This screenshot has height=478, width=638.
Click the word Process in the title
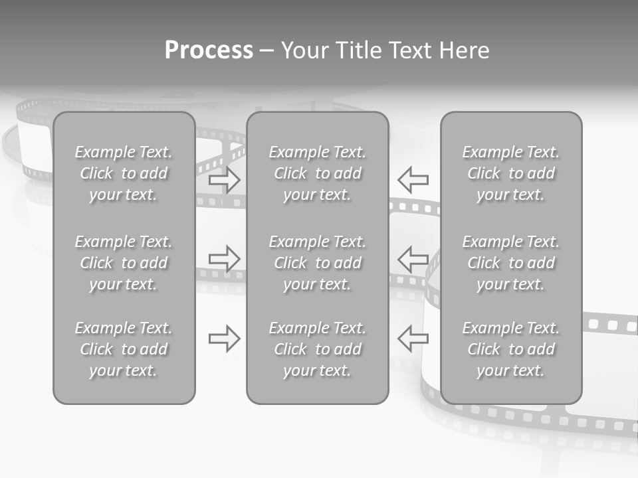(209, 50)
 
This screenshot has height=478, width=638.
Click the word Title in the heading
(356, 50)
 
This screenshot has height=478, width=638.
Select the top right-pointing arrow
(225, 180)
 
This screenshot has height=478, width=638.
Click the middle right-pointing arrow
(225, 258)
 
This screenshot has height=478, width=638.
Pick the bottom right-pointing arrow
(225, 339)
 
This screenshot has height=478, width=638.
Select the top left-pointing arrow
(413, 180)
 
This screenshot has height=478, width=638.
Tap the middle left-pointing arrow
(413, 258)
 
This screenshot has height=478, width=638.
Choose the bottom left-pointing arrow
(413, 339)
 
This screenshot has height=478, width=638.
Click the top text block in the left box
(124, 173)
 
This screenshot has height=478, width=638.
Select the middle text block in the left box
(124, 263)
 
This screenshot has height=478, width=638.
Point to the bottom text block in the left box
(124, 349)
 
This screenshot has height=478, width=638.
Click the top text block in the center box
(318, 173)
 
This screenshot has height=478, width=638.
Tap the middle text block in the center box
(318, 263)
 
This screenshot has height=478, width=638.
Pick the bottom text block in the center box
(318, 349)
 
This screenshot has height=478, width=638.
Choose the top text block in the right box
(511, 173)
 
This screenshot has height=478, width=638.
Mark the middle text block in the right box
(511, 263)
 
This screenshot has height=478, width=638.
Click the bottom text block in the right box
(511, 349)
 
